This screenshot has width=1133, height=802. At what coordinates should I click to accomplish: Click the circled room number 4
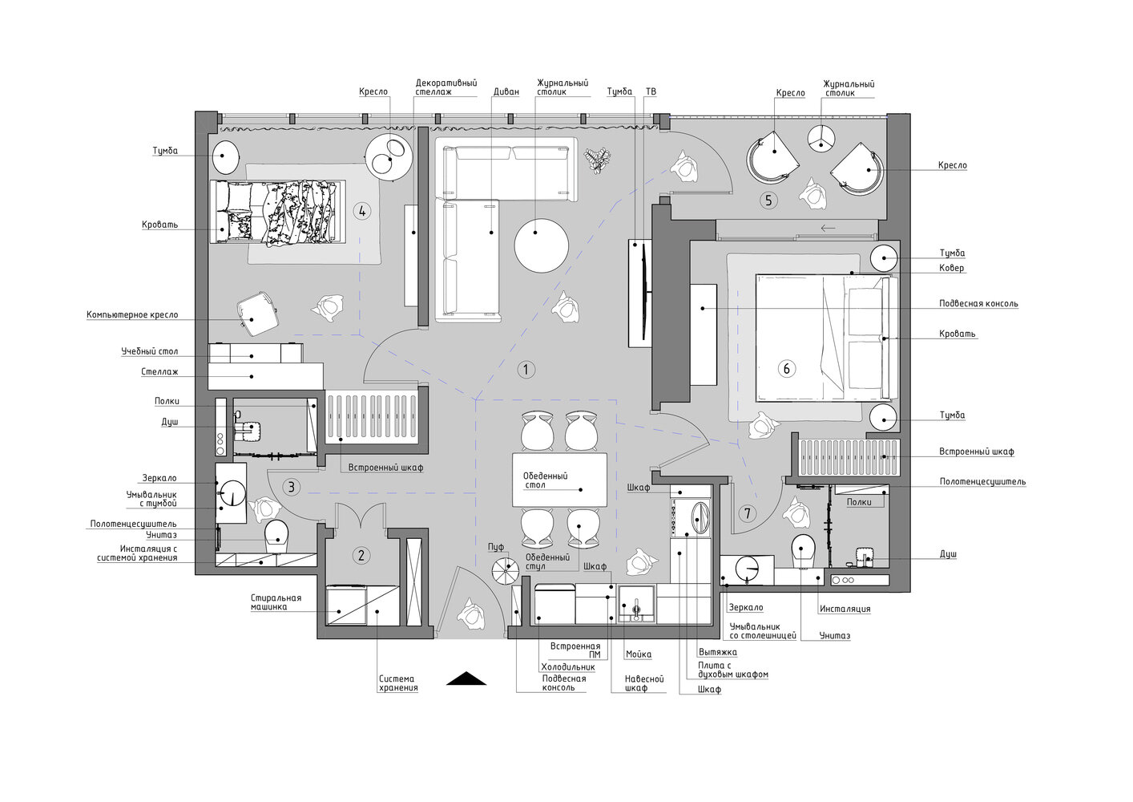(362, 211)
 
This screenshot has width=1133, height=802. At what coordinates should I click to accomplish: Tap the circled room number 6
(786, 368)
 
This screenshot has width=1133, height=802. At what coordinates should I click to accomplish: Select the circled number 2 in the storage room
(361, 556)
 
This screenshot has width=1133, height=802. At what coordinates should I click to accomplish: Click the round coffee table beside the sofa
(541, 245)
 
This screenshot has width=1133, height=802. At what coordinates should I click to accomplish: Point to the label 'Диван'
(506, 91)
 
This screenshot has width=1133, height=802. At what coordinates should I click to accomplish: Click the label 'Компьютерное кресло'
(132, 315)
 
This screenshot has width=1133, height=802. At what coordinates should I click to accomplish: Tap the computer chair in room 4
(257, 313)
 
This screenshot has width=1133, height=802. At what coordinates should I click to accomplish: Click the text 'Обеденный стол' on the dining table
(545, 480)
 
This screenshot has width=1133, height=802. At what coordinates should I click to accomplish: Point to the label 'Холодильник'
(568, 667)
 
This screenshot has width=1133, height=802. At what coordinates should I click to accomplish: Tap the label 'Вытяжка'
(717, 652)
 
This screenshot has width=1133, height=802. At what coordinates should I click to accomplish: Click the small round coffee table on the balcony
(821, 138)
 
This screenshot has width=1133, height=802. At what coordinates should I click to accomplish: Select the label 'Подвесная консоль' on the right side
(978, 304)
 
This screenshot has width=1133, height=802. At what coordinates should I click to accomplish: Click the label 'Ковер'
(951, 268)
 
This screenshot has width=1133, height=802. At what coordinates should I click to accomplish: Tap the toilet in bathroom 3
(276, 537)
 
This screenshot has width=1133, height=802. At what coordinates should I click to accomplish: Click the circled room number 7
(747, 514)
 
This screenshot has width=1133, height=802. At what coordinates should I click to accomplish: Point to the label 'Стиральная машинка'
(276, 602)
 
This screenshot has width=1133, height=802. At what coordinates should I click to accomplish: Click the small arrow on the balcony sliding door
(828, 229)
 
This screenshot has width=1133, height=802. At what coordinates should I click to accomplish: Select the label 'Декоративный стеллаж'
(446, 87)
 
